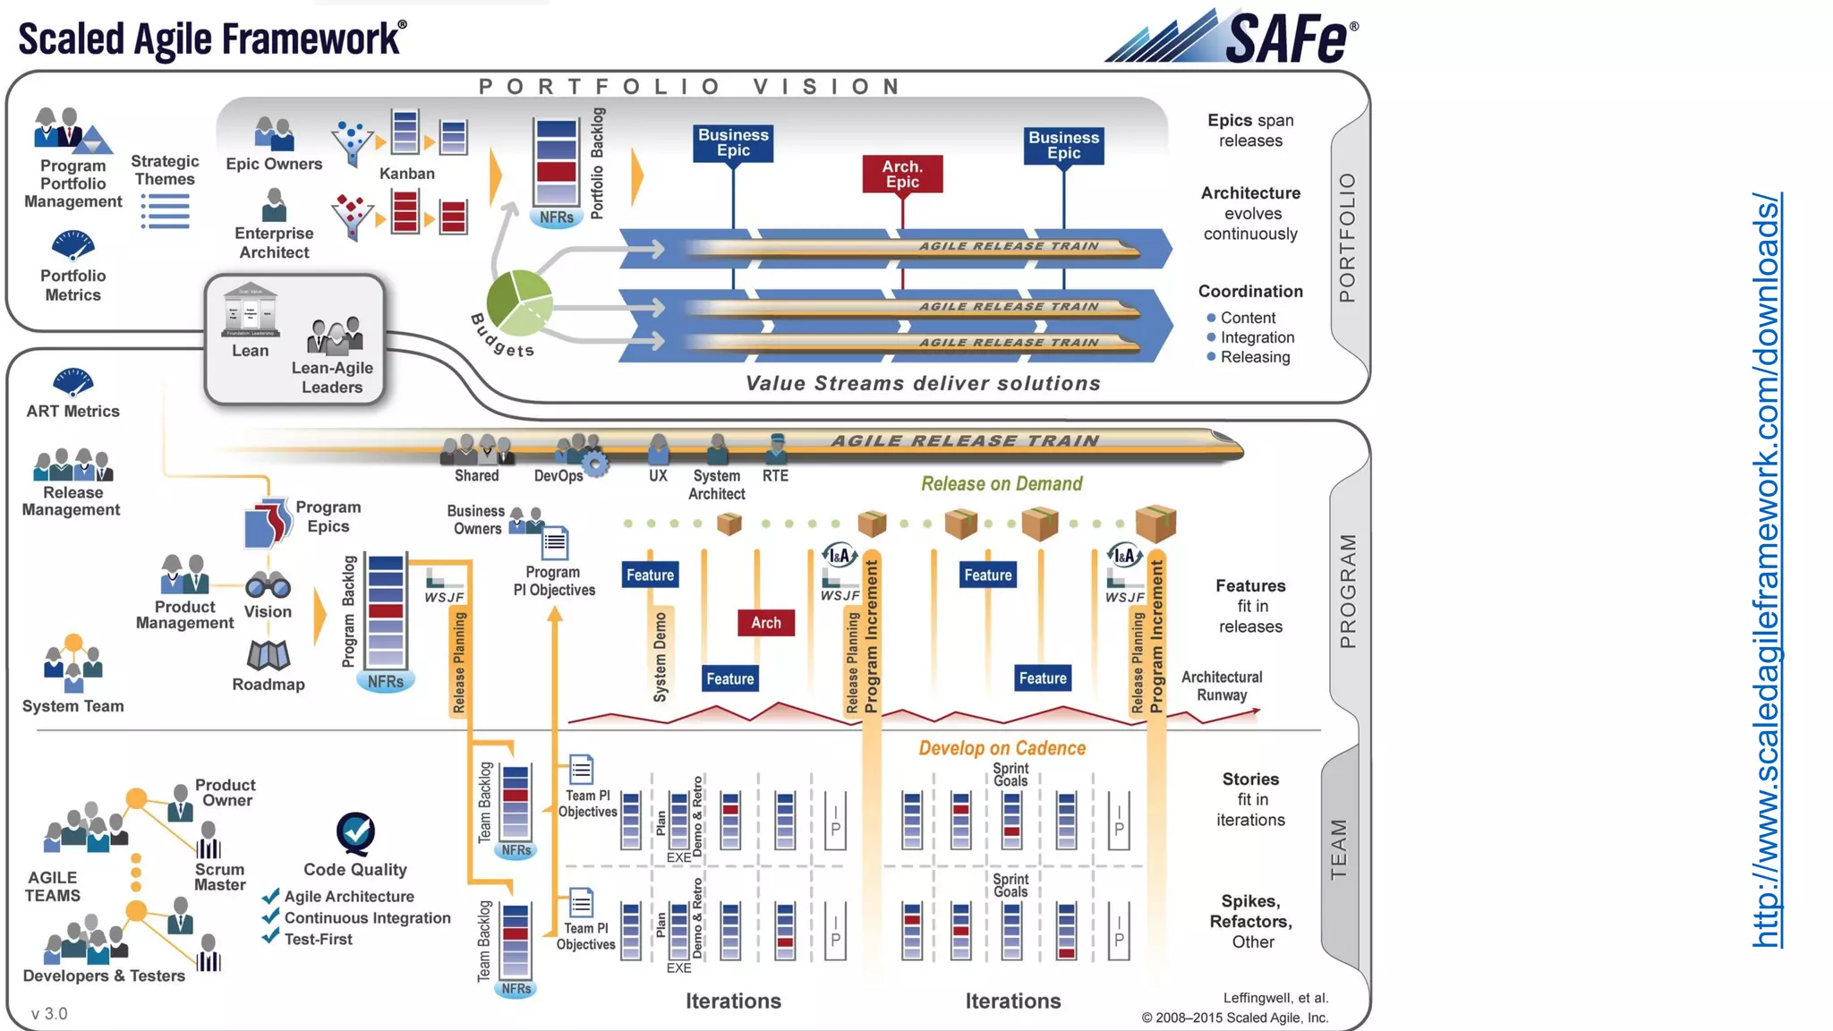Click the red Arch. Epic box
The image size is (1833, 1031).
pyautogui.click(x=902, y=175)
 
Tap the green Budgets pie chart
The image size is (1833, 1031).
pyautogui.click(x=519, y=302)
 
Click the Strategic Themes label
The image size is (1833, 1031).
pyautogui.click(x=165, y=170)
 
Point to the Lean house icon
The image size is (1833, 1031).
pyautogui.click(x=250, y=311)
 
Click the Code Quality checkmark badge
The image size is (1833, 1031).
pyautogui.click(x=355, y=832)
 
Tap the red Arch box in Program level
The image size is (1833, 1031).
pyautogui.click(x=765, y=623)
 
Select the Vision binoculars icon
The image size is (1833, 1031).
pyautogui.click(x=268, y=586)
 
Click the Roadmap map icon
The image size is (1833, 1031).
pyautogui.click(x=268, y=656)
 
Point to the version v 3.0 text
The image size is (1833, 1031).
pyautogui.click(x=49, y=1013)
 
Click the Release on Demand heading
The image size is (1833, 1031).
pyautogui.click(x=1002, y=484)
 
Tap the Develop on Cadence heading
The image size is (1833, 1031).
pyautogui.click(x=1002, y=748)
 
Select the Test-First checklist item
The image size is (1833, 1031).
pyautogui.click(x=318, y=939)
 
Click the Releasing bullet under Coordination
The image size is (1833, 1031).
pyautogui.click(x=1255, y=357)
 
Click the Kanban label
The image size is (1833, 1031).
pyautogui.click(x=406, y=174)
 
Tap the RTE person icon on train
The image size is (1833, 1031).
pyautogui.click(x=776, y=447)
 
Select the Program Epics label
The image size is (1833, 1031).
pyautogui.click(x=328, y=516)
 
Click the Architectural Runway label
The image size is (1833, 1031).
pyautogui.click(x=1221, y=686)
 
